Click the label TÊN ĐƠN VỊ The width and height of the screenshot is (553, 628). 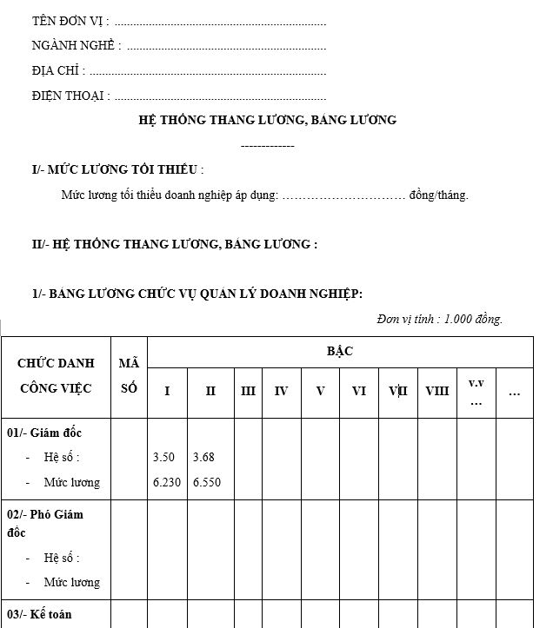[x=70, y=21]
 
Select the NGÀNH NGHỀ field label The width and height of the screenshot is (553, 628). [x=76, y=46]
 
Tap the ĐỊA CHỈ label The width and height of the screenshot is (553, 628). [x=58, y=71]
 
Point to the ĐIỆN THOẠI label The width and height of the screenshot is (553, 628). [x=70, y=96]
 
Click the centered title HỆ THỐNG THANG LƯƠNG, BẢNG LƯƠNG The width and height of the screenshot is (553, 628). [x=267, y=120]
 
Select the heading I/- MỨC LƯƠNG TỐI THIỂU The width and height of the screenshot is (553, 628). [x=117, y=169]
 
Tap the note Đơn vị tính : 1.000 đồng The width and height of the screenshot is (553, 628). [x=440, y=320]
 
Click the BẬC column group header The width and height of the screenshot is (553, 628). [x=340, y=351]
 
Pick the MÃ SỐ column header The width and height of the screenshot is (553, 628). [x=129, y=376]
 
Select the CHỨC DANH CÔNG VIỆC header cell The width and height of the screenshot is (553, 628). [x=56, y=376]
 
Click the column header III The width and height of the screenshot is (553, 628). [x=248, y=392]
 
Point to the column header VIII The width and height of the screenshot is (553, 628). [x=437, y=392]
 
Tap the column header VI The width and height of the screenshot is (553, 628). [x=358, y=392]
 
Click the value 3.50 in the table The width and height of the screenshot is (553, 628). [x=163, y=457]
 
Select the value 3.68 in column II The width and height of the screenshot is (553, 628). [x=203, y=457]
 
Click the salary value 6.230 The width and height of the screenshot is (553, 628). [x=166, y=482]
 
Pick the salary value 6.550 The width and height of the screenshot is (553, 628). [x=207, y=482]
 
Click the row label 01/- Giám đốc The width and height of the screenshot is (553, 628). [x=44, y=433]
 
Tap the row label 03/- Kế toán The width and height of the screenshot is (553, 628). [x=39, y=614]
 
